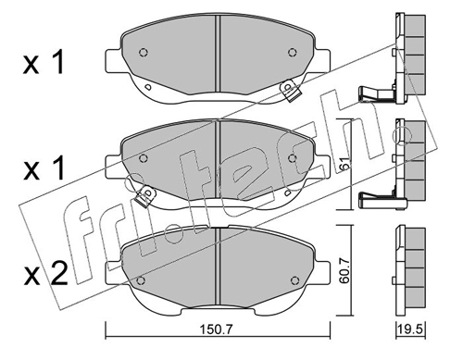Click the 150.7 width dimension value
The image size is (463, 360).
216,330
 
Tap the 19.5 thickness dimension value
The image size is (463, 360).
411,329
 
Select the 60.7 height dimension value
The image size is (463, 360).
344,270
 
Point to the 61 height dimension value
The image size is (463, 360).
345,163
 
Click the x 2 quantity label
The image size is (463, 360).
45,273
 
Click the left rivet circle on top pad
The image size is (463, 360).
143,53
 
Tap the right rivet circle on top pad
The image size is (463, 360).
292,53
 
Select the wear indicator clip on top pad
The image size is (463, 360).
289,91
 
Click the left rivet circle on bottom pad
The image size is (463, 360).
141,280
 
